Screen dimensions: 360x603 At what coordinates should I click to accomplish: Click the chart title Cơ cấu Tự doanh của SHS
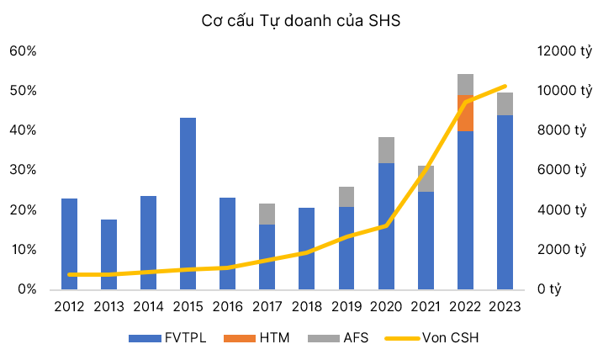pyautogui.click(x=301, y=21)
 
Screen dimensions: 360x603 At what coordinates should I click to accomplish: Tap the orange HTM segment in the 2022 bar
pyautogui.click(x=465, y=113)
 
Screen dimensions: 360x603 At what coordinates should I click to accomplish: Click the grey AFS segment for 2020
pyautogui.click(x=386, y=150)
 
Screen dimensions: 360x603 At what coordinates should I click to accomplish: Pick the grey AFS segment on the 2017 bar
pyautogui.click(x=267, y=214)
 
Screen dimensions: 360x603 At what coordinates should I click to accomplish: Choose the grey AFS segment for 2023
pyautogui.click(x=505, y=103)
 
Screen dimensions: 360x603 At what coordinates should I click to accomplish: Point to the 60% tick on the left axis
pyautogui.click(x=23, y=50)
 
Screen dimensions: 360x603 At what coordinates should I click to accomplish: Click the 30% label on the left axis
pyautogui.click(x=23, y=170)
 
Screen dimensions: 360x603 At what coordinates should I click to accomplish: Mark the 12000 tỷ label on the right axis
pyautogui.click(x=564, y=50)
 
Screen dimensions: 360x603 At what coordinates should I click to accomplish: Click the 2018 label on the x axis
pyautogui.click(x=307, y=307)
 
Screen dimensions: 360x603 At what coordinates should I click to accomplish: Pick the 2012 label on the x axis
pyautogui.click(x=70, y=307)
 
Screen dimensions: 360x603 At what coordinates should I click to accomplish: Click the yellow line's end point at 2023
pyautogui.click(x=505, y=87)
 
